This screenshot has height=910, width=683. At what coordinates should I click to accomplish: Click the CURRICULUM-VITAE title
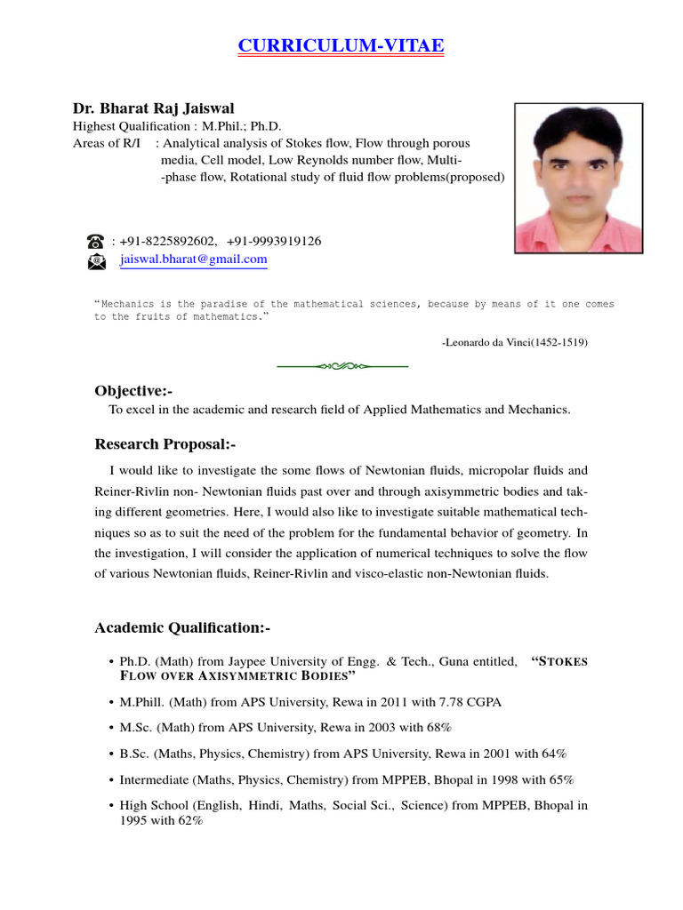(341, 45)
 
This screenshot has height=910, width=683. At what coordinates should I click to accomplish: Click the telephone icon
(96, 241)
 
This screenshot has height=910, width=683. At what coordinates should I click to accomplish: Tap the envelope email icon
(96, 260)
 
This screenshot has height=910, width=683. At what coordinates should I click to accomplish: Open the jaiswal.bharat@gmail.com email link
(193, 259)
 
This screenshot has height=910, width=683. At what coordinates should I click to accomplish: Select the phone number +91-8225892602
(168, 241)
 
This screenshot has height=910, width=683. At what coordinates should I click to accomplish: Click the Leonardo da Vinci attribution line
(514, 341)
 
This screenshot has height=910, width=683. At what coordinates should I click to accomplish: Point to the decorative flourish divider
(341, 365)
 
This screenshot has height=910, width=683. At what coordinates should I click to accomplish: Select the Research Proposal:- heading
(165, 443)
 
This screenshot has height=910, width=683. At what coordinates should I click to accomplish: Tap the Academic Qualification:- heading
(181, 628)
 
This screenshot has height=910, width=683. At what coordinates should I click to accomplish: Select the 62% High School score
(190, 821)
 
